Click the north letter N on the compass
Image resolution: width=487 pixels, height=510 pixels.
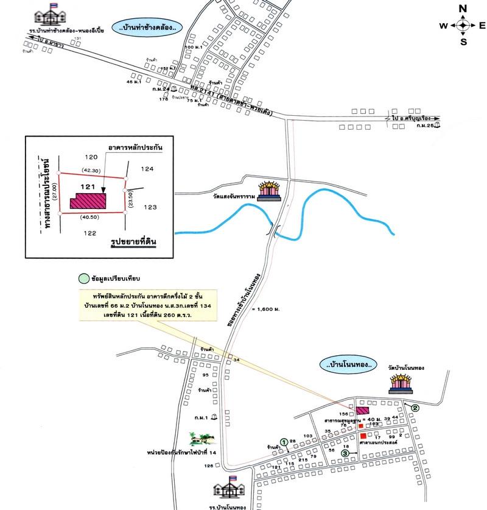click(x=463, y=8)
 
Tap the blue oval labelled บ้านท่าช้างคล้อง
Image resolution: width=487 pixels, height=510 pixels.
click(x=149, y=27)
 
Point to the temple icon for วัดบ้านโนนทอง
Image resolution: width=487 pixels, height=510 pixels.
click(x=401, y=384)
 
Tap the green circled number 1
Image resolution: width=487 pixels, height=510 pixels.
click(x=283, y=441)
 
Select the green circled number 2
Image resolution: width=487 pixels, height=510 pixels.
click(x=415, y=408)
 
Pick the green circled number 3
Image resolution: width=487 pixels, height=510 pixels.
click(x=345, y=453)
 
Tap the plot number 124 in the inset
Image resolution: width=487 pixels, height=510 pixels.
click(x=148, y=169)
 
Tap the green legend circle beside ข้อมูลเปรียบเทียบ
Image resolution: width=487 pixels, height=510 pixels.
click(x=83, y=278)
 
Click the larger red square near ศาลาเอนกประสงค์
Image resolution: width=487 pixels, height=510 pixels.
click(x=363, y=436)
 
